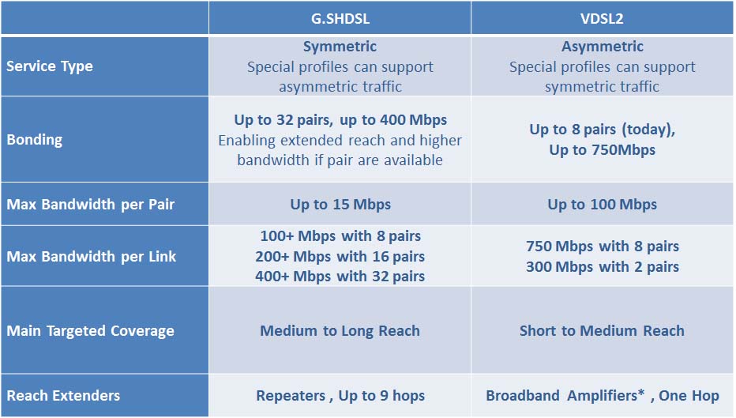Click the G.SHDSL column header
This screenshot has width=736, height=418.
(x=340, y=17)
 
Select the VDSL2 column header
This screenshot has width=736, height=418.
(x=602, y=17)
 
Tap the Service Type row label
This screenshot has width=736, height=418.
(x=50, y=66)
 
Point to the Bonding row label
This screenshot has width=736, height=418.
(x=35, y=140)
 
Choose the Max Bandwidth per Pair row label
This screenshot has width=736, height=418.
(x=91, y=205)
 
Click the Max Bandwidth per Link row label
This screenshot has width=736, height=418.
(x=92, y=256)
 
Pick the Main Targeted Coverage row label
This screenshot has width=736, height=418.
(x=91, y=331)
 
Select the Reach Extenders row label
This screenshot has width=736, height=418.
(x=64, y=395)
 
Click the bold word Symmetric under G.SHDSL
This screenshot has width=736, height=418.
(x=340, y=47)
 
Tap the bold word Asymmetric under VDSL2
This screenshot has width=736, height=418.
(x=603, y=47)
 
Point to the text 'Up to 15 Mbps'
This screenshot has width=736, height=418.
(x=340, y=205)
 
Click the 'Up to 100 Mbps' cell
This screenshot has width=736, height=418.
(x=603, y=205)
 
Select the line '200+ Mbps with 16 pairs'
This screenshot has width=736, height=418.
(x=340, y=257)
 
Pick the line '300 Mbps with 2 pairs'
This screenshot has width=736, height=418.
(x=603, y=267)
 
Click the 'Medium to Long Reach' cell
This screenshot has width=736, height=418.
(x=340, y=331)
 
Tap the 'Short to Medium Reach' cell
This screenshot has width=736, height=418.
(x=602, y=331)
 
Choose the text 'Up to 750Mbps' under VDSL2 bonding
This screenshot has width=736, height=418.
(x=603, y=150)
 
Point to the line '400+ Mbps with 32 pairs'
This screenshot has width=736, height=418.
(x=340, y=277)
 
